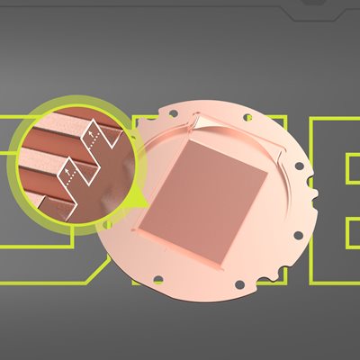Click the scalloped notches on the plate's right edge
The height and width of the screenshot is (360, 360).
coord(310,192)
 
